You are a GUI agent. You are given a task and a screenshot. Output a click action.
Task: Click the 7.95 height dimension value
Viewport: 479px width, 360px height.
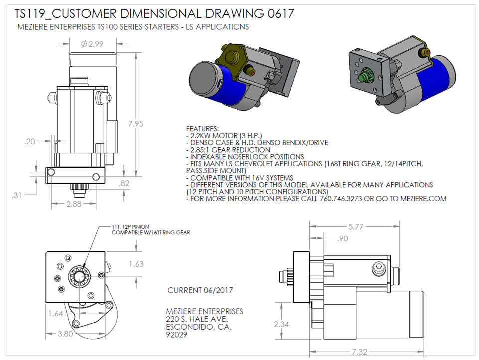tap(136, 124)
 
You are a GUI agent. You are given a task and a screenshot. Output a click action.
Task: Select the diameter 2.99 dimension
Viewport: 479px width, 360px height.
tap(92, 44)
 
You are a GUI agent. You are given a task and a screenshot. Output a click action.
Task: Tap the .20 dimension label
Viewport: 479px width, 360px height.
tap(30, 141)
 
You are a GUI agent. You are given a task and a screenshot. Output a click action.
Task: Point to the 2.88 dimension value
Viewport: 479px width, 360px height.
tap(74, 204)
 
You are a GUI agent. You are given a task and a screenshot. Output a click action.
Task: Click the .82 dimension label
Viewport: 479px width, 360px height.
tap(124, 183)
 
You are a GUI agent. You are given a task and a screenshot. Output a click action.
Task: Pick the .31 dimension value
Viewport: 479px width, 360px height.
tap(17, 195)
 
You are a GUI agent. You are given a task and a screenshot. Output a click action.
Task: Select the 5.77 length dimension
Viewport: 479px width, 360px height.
tap(356, 227)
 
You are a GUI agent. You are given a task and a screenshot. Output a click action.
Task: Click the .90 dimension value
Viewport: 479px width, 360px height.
tap(343, 238)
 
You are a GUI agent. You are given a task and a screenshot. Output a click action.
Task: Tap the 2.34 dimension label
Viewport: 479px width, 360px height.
tap(281, 324)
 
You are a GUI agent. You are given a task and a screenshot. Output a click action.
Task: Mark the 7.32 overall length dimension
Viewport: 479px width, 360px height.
tap(359, 352)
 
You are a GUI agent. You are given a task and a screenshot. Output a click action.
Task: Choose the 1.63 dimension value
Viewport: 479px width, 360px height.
tap(136, 264)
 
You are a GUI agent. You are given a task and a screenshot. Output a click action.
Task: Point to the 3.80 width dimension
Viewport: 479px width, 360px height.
tap(65, 334)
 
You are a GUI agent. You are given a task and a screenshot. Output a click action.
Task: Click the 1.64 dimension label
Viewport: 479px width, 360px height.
tap(55, 313)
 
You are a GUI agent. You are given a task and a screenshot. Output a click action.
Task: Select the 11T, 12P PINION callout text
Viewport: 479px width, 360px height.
tap(130, 227)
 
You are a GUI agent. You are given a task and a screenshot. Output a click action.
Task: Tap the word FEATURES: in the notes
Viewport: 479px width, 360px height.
tap(202, 129)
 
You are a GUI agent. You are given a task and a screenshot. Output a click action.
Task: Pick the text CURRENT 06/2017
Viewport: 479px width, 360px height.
tap(200, 290)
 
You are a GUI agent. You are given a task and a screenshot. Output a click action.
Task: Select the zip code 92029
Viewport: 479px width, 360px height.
tap(176, 335)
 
